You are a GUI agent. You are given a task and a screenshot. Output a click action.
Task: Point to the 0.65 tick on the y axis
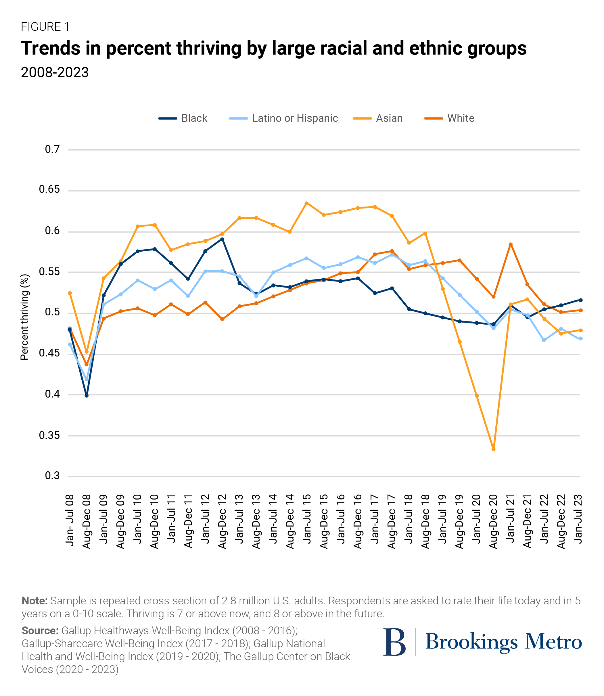pos(49,189)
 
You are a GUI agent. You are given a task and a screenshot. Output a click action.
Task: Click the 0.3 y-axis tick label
pos(52,475)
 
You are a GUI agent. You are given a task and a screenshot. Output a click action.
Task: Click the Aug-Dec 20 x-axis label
pos(493,521)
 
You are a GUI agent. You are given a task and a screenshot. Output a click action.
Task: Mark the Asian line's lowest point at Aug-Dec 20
pos(493,449)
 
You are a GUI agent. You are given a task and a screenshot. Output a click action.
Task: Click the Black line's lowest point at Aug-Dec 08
pos(87,395)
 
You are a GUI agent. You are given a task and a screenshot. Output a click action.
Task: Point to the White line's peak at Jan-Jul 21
pos(511,244)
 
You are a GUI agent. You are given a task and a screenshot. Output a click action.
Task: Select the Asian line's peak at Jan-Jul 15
pos(306,203)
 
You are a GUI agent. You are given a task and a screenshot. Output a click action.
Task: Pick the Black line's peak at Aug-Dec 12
pos(222,239)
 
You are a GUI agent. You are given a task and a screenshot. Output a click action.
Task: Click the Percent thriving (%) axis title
pos(25,317)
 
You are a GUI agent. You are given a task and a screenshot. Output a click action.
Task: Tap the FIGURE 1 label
pos(45,27)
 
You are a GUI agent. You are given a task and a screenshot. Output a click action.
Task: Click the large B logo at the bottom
pos(394,642)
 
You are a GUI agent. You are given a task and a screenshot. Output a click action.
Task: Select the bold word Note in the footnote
pos(34,601)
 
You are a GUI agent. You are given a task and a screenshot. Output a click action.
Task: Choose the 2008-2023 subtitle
pos(55,72)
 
